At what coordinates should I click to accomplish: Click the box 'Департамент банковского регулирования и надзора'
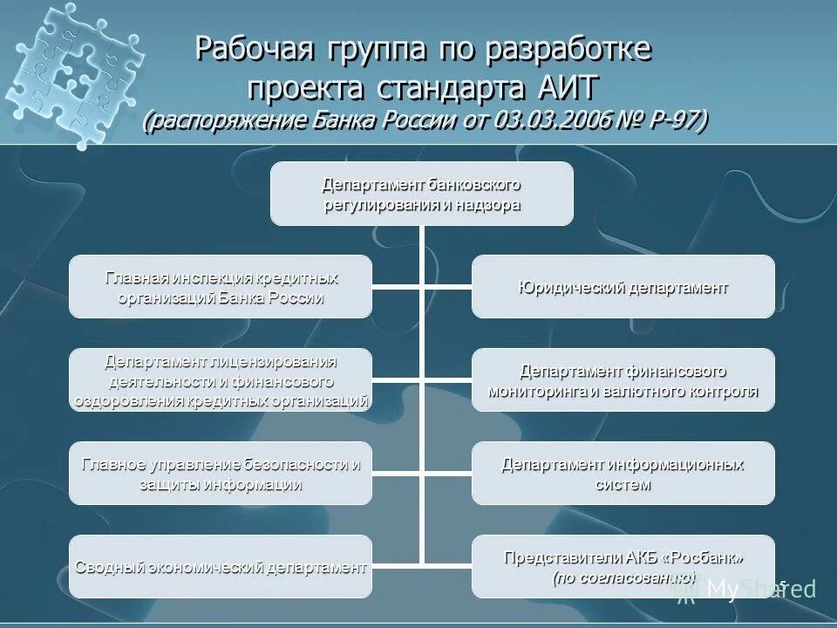pyautogui.click(x=421, y=194)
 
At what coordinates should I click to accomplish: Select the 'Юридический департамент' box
pyautogui.click(x=623, y=286)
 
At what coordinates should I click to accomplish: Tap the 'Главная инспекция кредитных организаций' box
pyautogui.click(x=221, y=286)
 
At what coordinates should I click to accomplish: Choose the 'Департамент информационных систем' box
pyautogui.click(x=623, y=473)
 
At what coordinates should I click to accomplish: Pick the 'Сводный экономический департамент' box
pyautogui.click(x=221, y=566)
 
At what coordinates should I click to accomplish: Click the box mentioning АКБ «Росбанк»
pyautogui.click(x=623, y=566)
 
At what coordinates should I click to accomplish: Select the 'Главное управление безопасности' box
pyautogui.click(x=221, y=473)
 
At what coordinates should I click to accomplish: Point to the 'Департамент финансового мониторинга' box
pyautogui.click(x=623, y=379)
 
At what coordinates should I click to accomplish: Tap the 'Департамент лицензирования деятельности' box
pyautogui.click(x=221, y=379)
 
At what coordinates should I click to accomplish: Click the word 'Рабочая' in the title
pyautogui.click(x=254, y=50)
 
